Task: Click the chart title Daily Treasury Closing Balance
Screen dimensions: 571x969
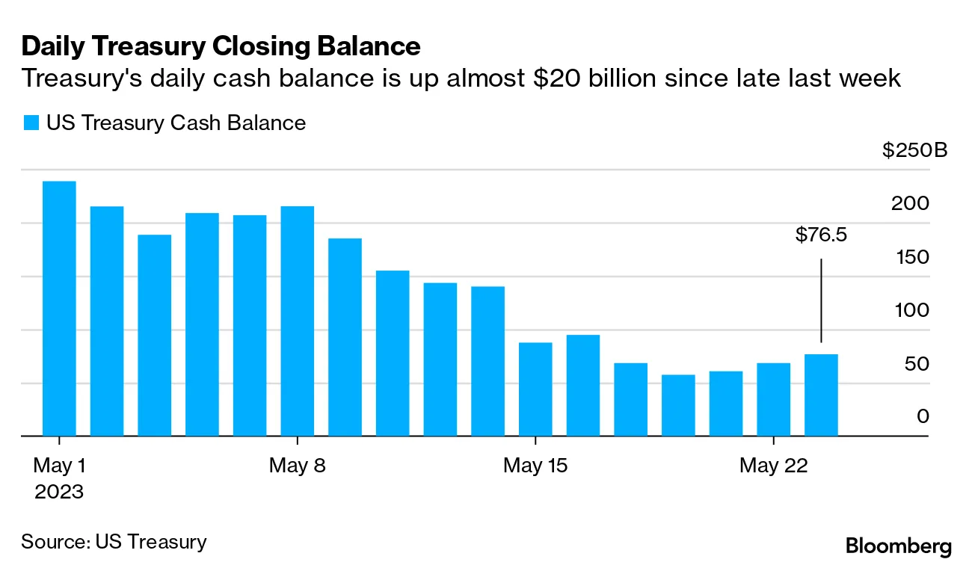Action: pyautogui.click(x=221, y=46)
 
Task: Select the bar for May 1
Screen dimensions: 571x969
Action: pyautogui.click(x=59, y=308)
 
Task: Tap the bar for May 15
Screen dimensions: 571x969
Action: pyautogui.click(x=535, y=389)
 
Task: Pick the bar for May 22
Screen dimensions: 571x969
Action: pyautogui.click(x=773, y=398)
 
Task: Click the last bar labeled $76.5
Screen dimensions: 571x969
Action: pyautogui.click(x=821, y=395)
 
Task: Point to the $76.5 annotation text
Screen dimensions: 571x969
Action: pyautogui.click(x=821, y=236)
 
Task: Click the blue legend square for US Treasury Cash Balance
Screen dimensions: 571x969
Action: pyautogui.click(x=30, y=123)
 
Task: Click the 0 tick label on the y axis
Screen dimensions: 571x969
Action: pyautogui.click(x=923, y=416)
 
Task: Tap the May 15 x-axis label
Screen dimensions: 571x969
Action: pyautogui.click(x=535, y=466)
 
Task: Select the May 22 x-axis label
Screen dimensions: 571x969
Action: pyautogui.click(x=773, y=466)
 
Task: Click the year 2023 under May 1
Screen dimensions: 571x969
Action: pyautogui.click(x=58, y=493)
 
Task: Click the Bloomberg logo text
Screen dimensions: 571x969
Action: pyautogui.click(x=899, y=546)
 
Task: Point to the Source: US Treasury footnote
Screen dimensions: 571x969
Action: pyautogui.click(x=114, y=541)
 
